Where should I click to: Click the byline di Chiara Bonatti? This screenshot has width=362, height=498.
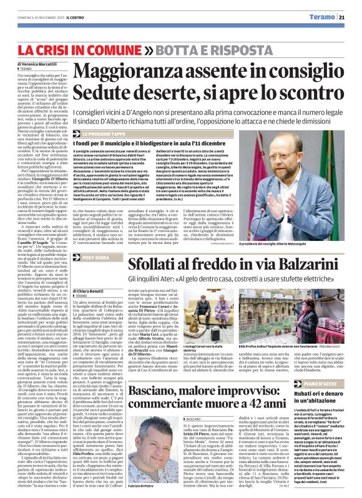point(91,290)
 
